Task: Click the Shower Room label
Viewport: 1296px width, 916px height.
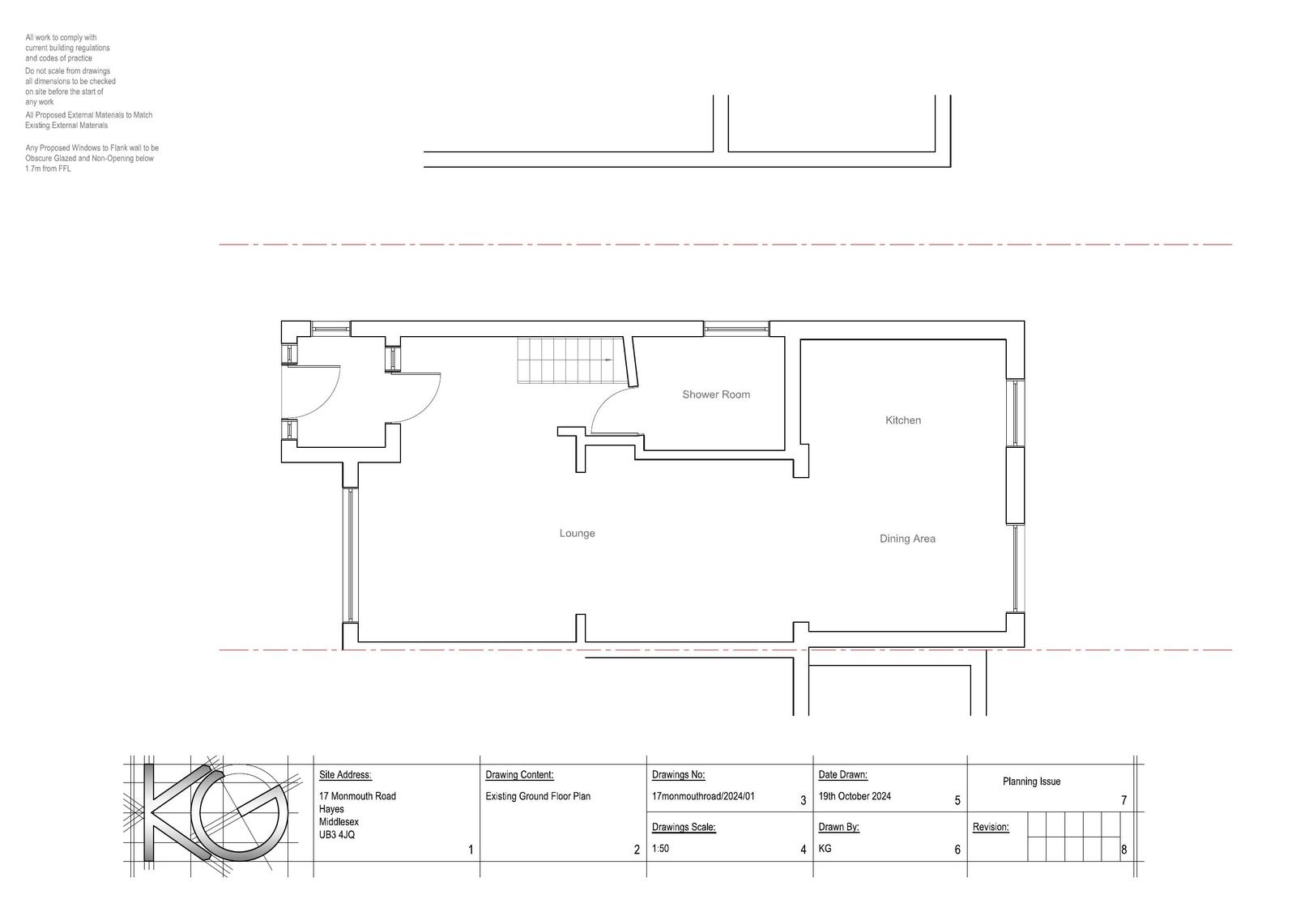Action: pos(716,394)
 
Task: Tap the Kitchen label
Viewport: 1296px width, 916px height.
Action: pos(902,420)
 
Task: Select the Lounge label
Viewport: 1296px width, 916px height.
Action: pos(577,534)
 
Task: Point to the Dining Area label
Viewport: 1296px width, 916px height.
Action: pos(907,539)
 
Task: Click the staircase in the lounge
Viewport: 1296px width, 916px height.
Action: pos(573,360)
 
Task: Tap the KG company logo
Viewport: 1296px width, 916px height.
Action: pos(213,815)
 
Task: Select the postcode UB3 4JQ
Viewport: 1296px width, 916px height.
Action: pos(337,835)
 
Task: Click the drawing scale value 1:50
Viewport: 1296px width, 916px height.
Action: pos(660,849)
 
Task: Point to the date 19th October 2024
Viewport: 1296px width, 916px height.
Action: pos(855,796)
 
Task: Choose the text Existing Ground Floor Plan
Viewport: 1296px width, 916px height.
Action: pos(538,796)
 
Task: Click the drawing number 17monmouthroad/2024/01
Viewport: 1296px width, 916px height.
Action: pos(703,796)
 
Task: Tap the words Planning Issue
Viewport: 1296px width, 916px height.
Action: pos(1031,782)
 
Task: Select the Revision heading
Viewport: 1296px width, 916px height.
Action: pos(991,828)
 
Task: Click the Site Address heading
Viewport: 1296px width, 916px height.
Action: pos(345,775)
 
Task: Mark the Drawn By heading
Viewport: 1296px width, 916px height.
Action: pos(838,828)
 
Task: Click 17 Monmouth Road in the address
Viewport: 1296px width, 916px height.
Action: pos(357,796)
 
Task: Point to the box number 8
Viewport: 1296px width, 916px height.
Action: pos(1123,850)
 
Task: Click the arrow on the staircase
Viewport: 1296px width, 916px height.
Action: pos(607,360)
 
